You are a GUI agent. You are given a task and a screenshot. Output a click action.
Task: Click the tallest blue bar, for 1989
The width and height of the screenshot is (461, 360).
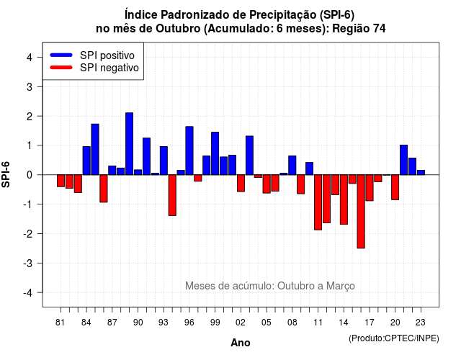pos(129,144)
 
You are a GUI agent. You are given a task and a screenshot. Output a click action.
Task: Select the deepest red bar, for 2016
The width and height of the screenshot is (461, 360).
pos(361,212)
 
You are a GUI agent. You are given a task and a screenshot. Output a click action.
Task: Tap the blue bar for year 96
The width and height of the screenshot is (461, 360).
pos(189,150)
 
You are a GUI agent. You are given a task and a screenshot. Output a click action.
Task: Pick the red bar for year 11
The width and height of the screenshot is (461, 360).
pos(318,202)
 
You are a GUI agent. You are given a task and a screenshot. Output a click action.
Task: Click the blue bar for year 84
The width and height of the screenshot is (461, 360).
pos(86,161)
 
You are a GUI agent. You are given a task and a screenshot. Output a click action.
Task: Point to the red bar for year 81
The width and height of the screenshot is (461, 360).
pos(61,181)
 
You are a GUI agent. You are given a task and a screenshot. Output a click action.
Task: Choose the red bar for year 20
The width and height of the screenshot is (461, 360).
pos(395,187)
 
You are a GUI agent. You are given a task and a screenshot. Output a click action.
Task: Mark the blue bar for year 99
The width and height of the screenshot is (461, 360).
pos(215,153)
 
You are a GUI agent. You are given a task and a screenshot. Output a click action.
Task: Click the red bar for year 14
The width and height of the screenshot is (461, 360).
pos(344,199)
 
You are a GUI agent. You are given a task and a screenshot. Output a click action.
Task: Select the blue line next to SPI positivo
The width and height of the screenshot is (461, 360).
pos(61,55)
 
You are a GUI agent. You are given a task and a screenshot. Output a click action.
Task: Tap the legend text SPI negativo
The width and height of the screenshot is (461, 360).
pos(109,68)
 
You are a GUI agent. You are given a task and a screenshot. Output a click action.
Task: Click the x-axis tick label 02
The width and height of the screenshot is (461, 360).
pos(241,323)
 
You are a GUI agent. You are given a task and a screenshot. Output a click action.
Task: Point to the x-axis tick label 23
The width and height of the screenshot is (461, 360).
pos(421,323)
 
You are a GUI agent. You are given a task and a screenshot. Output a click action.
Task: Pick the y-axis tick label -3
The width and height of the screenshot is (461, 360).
pos(30,263)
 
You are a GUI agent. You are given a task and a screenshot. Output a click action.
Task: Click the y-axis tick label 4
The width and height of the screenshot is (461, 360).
pos(30,58)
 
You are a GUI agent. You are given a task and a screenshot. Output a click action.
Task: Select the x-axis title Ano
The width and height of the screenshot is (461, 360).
pos(241,343)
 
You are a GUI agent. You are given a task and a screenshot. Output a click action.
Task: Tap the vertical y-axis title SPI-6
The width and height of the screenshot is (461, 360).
pos(6,174)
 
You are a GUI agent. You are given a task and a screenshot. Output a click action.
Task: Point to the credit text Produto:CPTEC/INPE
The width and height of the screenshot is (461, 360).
pos(394,338)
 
